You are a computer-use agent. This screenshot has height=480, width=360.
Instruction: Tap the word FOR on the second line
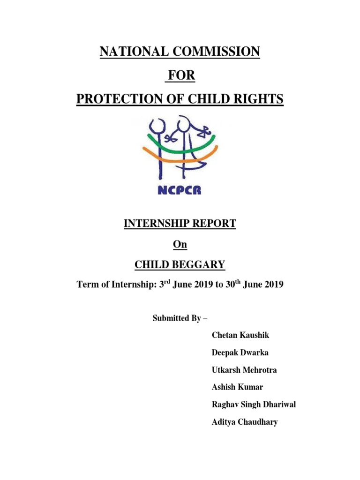point(180,75)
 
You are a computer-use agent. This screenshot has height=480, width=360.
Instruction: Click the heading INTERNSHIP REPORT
point(180,224)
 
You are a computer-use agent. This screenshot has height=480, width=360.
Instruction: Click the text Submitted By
point(180,318)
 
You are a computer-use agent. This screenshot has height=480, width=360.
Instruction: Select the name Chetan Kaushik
point(240,335)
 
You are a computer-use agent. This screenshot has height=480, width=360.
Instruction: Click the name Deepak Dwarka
point(240,352)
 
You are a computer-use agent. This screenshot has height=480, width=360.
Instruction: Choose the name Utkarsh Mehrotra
point(244,370)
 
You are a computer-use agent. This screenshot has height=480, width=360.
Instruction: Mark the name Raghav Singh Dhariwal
point(254,405)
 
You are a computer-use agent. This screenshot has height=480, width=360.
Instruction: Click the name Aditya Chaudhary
point(245,422)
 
